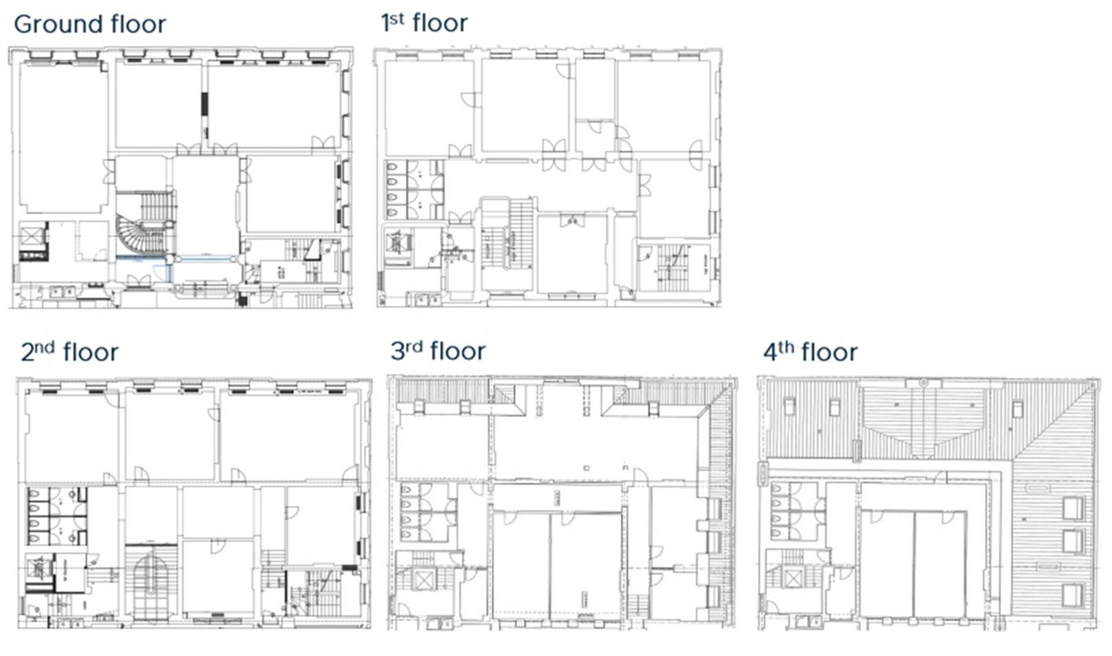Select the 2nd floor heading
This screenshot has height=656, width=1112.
(69, 352)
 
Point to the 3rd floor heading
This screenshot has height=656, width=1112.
(437, 351)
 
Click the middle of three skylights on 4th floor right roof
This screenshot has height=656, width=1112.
(1072, 541)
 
